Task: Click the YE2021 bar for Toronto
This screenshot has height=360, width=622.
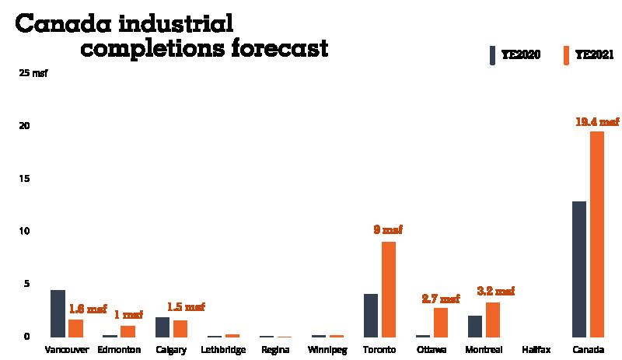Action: click(x=389, y=289)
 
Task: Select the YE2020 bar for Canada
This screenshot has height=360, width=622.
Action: click(x=579, y=269)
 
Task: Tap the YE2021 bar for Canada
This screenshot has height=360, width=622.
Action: click(x=597, y=234)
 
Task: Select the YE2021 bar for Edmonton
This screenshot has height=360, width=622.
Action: click(x=128, y=331)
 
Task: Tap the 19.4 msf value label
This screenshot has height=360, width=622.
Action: click(x=597, y=121)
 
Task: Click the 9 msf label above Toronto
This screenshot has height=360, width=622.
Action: click(x=389, y=230)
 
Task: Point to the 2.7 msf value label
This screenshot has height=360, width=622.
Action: click(x=441, y=298)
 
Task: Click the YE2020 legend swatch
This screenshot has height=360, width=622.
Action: click(x=492, y=56)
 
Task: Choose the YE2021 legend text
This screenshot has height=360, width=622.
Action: click(x=595, y=56)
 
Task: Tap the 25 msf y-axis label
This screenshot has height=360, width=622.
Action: click(x=33, y=74)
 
